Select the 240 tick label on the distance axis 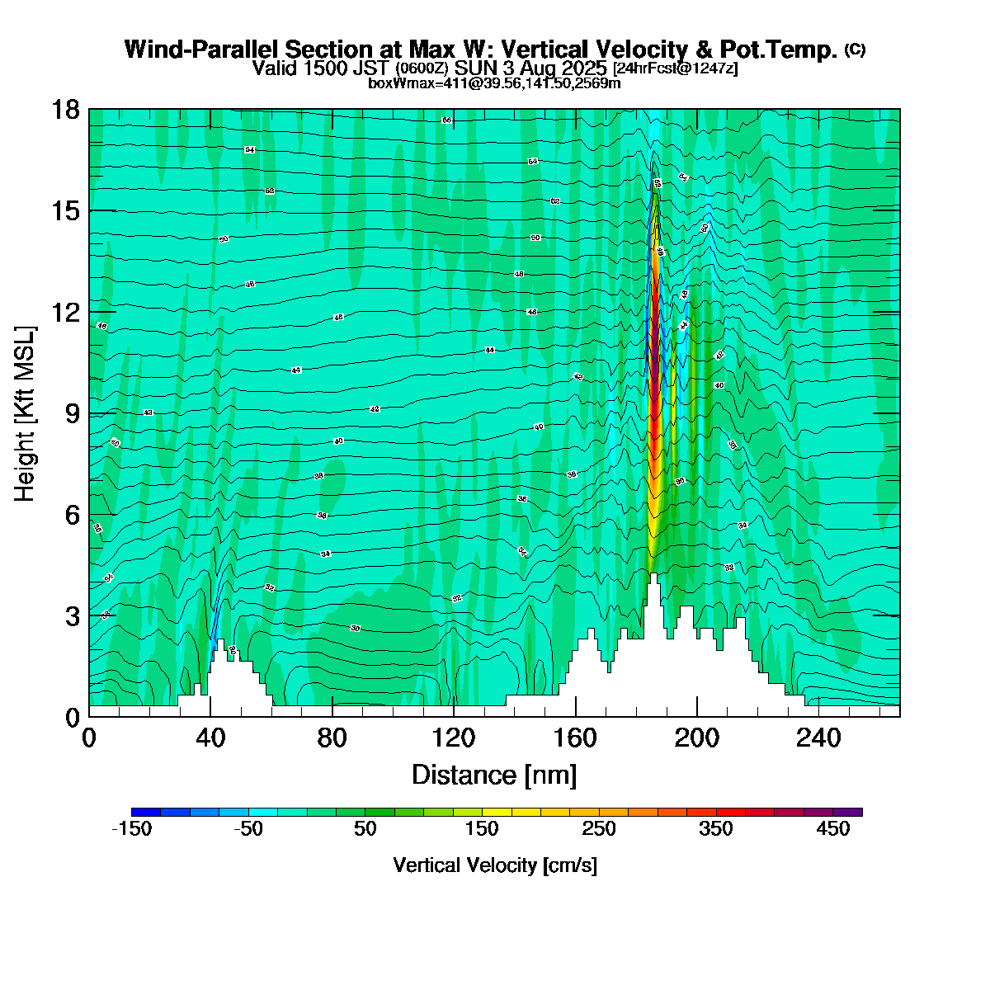818,737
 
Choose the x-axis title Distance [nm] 494,775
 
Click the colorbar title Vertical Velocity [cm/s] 495,865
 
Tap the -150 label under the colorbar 131,829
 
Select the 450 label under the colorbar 833,829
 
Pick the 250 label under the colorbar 600,829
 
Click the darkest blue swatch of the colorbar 146,812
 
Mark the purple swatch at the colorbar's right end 848,812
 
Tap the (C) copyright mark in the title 855,49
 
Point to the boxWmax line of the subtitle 494,82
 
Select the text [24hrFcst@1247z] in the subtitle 675,68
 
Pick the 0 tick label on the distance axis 89,737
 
